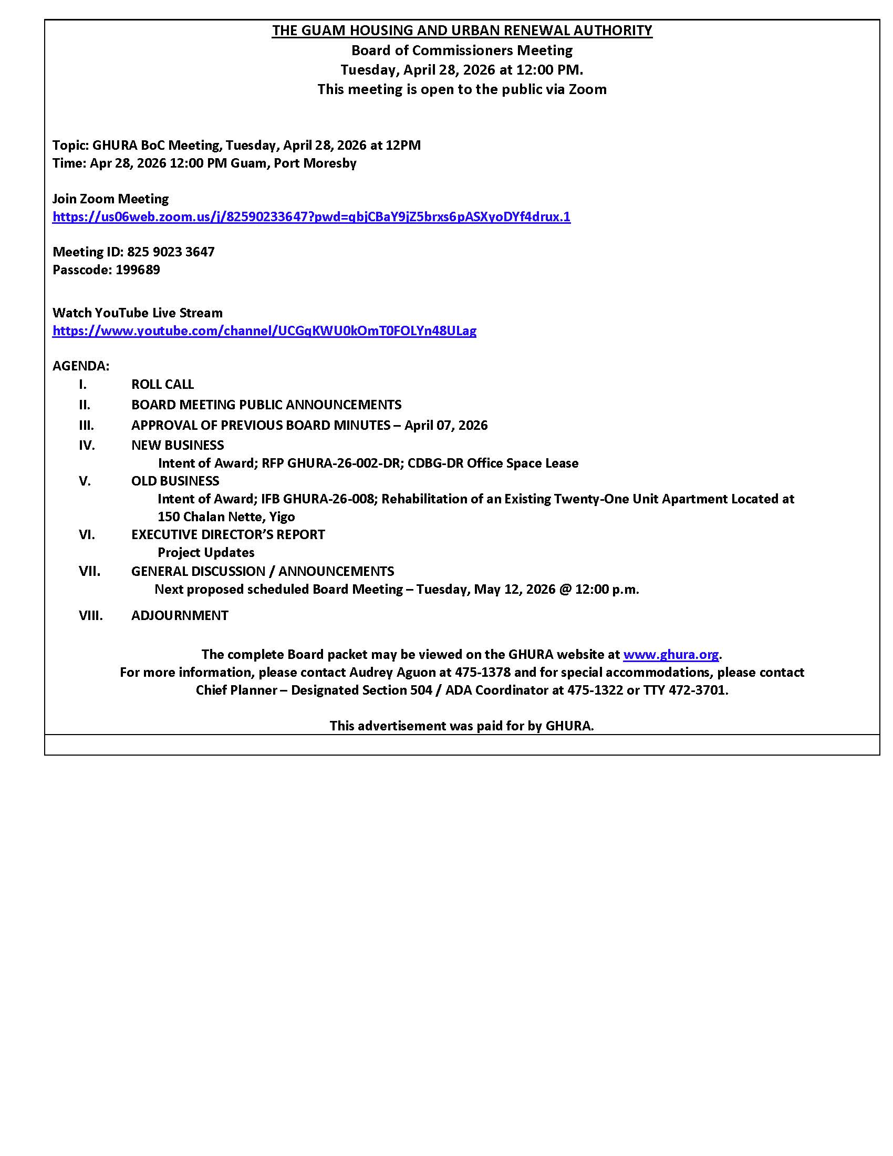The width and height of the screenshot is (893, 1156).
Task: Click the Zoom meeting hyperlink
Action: coord(311,216)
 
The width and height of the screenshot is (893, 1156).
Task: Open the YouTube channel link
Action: coord(264,331)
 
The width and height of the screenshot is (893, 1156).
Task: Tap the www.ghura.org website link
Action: coord(670,654)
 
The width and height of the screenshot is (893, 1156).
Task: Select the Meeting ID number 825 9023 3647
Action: coord(170,252)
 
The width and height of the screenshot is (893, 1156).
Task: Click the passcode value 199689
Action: coord(138,270)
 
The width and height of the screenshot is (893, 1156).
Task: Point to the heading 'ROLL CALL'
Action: coord(162,384)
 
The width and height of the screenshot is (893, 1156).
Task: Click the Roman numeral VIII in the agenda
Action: coord(90,615)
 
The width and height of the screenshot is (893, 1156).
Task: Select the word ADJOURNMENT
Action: coord(180,615)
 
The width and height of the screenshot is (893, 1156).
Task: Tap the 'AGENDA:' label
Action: coord(81,366)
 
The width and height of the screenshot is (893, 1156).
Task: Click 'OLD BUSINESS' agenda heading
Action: coord(175,481)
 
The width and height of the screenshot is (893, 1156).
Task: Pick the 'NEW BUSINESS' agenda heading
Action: coord(177,445)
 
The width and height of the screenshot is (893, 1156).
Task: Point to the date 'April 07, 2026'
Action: coord(445,425)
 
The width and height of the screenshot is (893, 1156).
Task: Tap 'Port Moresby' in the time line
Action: coord(315,163)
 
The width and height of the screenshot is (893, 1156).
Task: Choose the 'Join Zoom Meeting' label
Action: coord(110,199)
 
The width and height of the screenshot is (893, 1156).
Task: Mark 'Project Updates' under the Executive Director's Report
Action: coord(206,553)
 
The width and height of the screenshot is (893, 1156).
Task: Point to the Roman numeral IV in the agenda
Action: coord(87,445)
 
